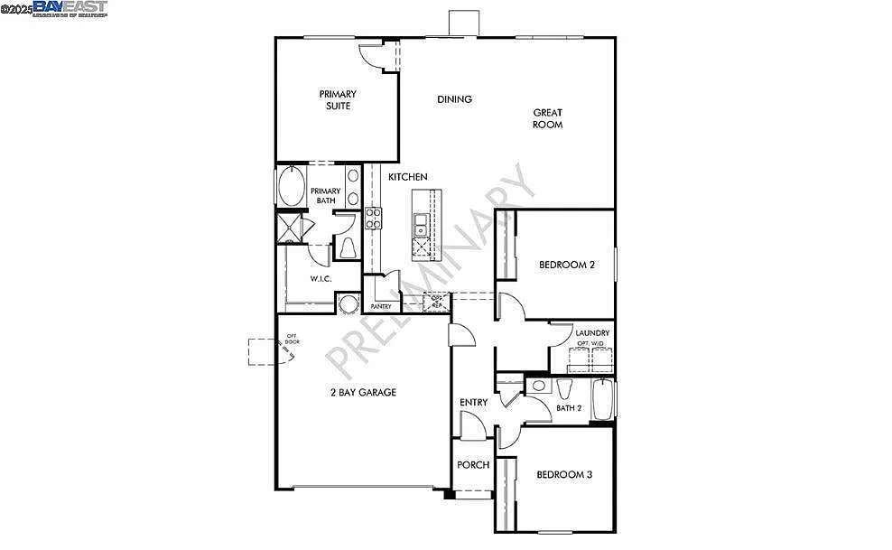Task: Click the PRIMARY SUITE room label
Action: pos(338,100)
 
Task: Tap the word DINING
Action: pos(455,99)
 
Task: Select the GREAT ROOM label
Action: pos(547,118)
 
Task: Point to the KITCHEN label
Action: pos(408,177)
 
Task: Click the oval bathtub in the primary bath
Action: pos(292,187)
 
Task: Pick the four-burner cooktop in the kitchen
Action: pos(374,218)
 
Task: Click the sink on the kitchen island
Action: pos(421,224)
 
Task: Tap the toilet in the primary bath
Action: pos(348,247)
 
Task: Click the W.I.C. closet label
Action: pos(321,279)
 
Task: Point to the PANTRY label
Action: pos(380,306)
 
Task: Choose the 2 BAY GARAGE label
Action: pos(362,392)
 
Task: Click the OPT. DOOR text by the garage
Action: pos(292,340)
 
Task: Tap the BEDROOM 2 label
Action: pos(567,265)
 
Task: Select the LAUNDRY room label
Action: pos(592,333)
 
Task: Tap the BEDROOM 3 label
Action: pos(564,474)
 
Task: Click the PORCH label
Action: pos(473,465)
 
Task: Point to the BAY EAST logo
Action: pos(70,9)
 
